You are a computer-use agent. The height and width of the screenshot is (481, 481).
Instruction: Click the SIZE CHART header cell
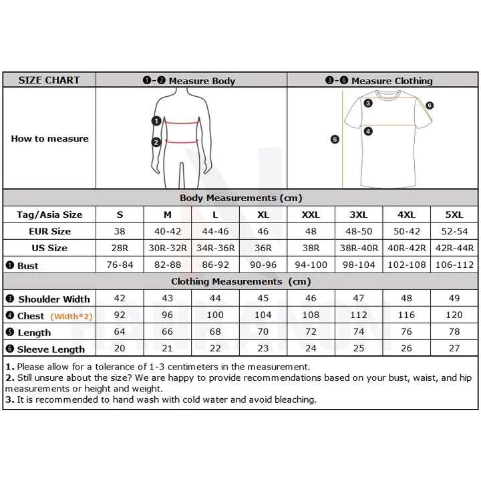tap(49, 80)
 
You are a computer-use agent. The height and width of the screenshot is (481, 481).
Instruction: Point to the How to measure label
tap(49, 139)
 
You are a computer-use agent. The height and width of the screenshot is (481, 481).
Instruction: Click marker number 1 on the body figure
tap(156, 121)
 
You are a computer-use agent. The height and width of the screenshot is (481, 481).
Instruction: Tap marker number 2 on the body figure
tap(156, 142)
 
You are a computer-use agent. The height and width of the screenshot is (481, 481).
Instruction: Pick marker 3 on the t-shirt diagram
tap(368, 103)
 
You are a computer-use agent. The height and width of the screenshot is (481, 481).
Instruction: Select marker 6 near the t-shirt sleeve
tap(429, 106)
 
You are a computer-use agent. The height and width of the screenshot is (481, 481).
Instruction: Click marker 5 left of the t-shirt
tap(335, 140)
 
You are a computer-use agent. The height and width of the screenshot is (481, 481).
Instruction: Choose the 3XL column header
tap(358, 214)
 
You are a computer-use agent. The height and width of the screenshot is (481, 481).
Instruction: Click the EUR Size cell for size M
tap(168, 231)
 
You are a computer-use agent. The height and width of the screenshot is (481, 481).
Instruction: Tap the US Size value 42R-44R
tap(454, 248)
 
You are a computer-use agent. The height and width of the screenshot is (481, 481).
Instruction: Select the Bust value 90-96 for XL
tap(263, 265)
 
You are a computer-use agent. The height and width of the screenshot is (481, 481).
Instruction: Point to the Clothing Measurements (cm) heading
tap(240, 282)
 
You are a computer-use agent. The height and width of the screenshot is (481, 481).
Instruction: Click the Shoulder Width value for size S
tap(120, 299)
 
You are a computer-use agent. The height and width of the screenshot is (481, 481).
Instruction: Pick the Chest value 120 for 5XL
tap(454, 315)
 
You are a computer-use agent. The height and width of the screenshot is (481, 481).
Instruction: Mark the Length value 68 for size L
tap(215, 332)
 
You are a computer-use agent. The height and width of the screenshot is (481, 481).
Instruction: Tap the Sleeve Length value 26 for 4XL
tap(406, 349)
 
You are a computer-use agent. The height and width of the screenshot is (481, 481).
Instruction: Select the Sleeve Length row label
tap(51, 349)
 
